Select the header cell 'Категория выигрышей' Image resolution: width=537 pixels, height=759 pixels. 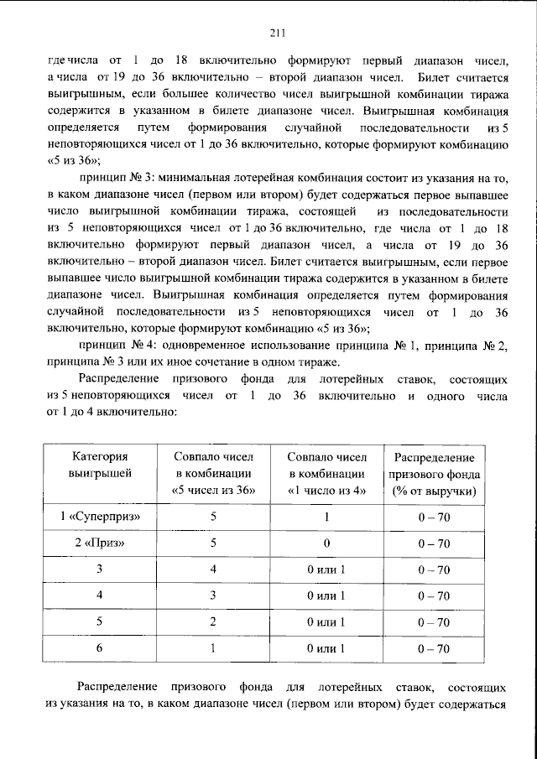[x=99, y=465]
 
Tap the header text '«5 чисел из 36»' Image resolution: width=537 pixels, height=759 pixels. [x=213, y=491]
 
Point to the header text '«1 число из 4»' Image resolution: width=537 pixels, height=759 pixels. [x=326, y=491]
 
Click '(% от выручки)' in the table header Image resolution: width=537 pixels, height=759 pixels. [x=433, y=491]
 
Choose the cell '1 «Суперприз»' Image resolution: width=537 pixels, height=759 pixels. [x=99, y=517]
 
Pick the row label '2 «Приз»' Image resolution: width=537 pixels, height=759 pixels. [x=99, y=543]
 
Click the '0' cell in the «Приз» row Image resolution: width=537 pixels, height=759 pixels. [x=326, y=543]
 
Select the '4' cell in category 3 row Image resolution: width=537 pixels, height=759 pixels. [x=213, y=569]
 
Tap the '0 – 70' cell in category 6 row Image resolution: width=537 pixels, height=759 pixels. [x=433, y=648]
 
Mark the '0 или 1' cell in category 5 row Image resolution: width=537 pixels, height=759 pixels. [x=326, y=622]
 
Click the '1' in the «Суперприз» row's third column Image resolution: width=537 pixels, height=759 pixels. [x=326, y=517]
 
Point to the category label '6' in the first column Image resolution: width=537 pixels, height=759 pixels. [x=99, y=648]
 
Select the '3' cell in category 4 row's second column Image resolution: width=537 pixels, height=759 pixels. [x=213, y=595]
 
